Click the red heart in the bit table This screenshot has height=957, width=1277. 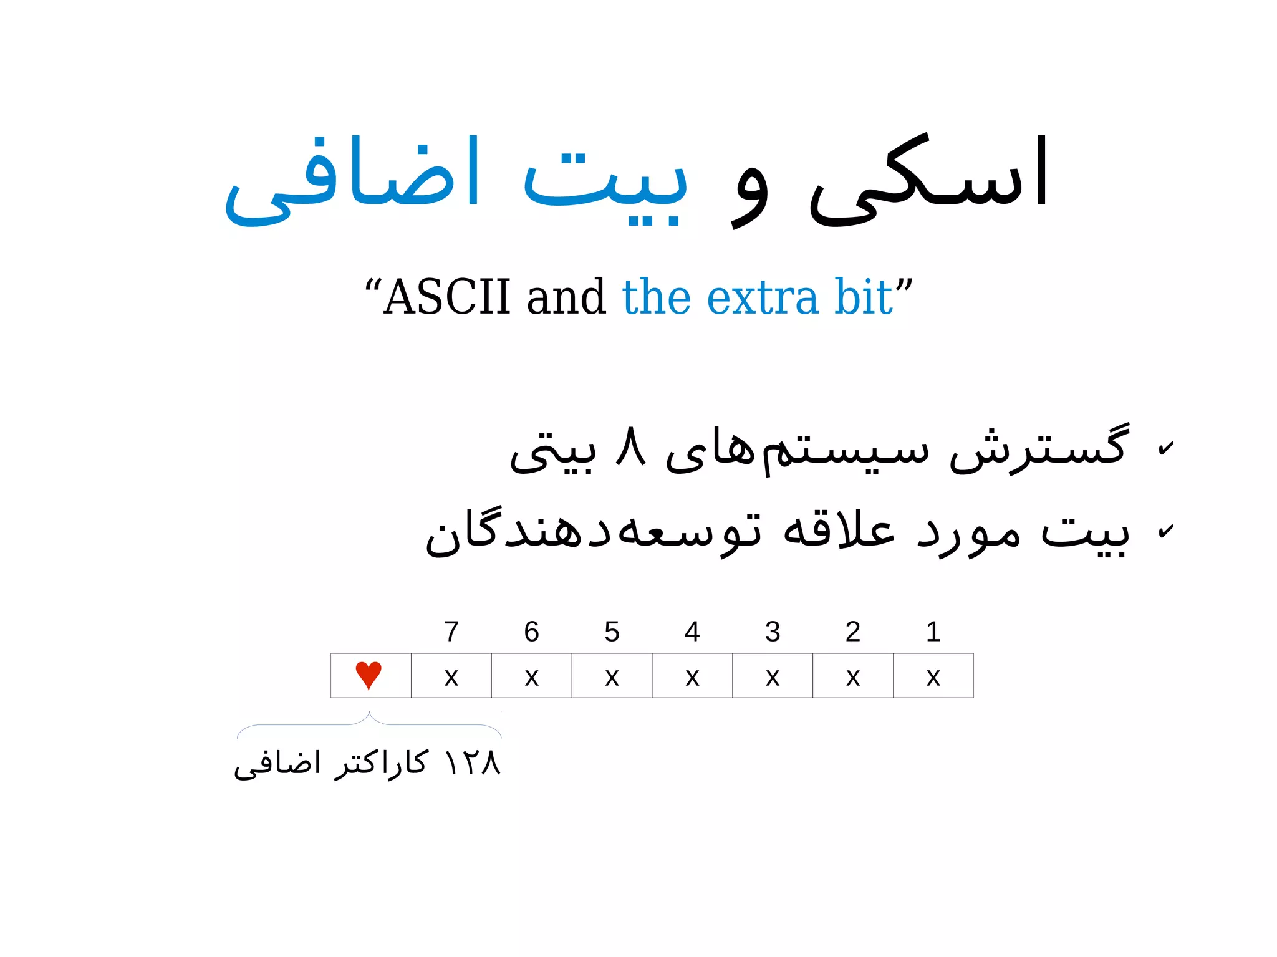(x=369, y=675)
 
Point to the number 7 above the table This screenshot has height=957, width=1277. (x=451, y=632)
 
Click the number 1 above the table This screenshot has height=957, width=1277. (x=933, y=632)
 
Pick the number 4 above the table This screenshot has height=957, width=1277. (x=692, y=632)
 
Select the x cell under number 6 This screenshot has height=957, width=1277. (x=531, y=676)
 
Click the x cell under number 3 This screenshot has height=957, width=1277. (x=773, y=676)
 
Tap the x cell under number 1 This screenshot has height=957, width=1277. (x=933, y=676)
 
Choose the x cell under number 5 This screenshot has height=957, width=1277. (x=612, y=676)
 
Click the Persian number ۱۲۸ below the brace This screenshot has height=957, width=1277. (x=472, y=762)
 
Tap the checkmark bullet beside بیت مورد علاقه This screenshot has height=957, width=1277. (x=1165, y=531)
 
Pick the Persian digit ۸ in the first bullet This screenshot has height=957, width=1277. (x=630, y=447)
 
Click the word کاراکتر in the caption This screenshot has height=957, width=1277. (x=381, y=762)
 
